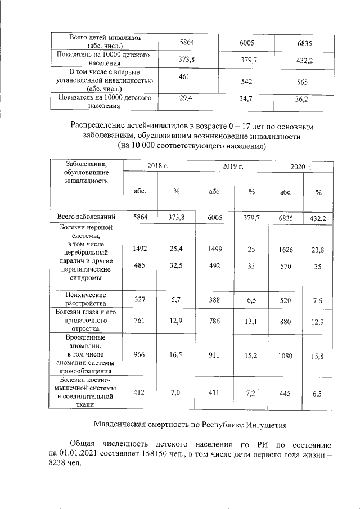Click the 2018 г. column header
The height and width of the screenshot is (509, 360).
pos(158,166)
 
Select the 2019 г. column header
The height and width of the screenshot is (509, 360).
pos(232,166)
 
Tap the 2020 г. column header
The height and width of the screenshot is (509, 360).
pos(301,168)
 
